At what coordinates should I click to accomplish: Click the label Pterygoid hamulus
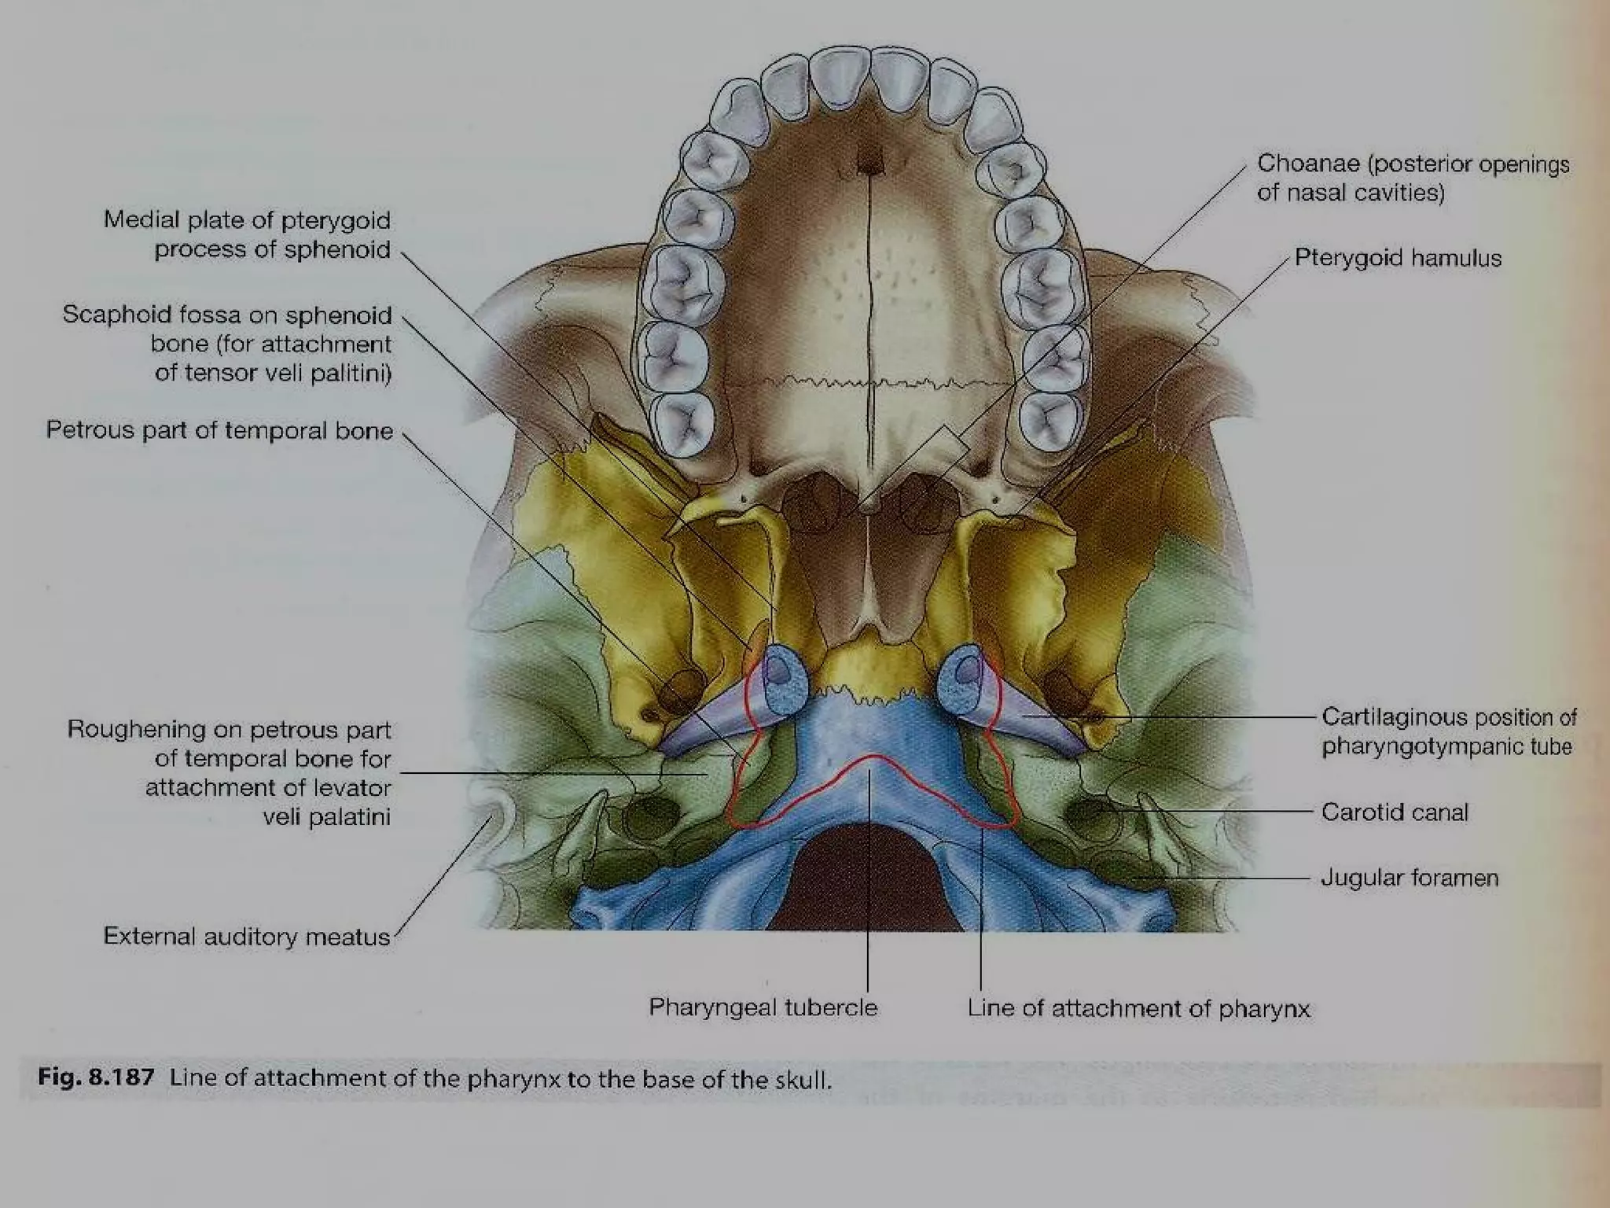[1398, 258]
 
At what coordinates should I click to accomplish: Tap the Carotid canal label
[1395, 812]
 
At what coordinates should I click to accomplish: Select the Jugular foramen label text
[1410, 878]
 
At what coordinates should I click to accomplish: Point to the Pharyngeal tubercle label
[763, 1007]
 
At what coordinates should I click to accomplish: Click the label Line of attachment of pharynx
[1138, 1008]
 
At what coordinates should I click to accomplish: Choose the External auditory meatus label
[247, 937]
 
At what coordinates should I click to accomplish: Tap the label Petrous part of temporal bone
[219, 430]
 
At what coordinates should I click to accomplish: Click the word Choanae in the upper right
[1308, 164]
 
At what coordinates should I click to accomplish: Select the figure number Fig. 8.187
[96, 1077]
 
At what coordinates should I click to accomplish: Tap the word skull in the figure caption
[802, 1079]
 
